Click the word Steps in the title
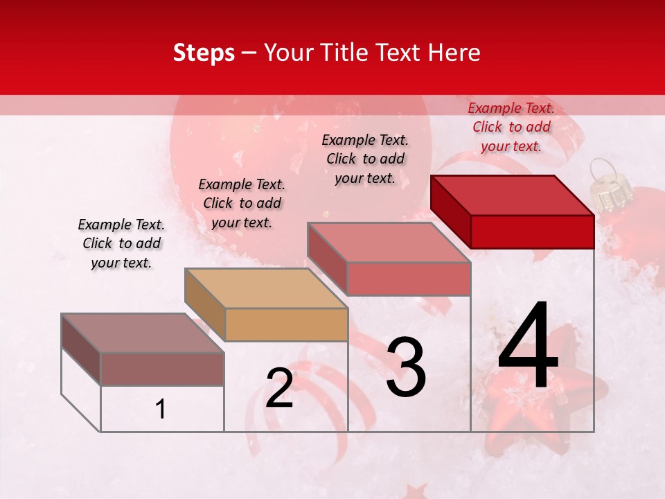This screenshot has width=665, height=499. coord(204,53)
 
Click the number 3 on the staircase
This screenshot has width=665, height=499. coord(406,367)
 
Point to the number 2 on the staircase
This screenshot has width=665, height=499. coord(279,388)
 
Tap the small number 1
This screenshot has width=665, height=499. coord(161,410)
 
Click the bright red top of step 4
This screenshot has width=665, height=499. coord(513,195)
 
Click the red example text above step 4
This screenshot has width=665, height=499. coord(511,127)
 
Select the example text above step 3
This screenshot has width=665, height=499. coord(365,159)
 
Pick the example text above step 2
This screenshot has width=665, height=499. coord(242,203)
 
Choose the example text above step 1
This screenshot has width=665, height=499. coord(121,243)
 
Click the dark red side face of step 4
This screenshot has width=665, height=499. coord(450,211)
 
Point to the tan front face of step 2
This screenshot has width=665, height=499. coord(286,324)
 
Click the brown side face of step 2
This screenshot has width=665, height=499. coord(205,303)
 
